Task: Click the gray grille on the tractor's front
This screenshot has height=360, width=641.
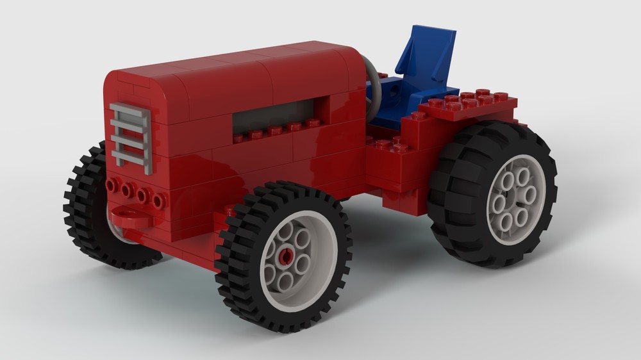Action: (131, 137)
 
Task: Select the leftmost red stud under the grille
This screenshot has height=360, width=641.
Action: (113, 185)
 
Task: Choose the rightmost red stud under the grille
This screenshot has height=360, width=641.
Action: (158, 201)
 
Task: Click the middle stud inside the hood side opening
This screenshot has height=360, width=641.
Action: (275, 131)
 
